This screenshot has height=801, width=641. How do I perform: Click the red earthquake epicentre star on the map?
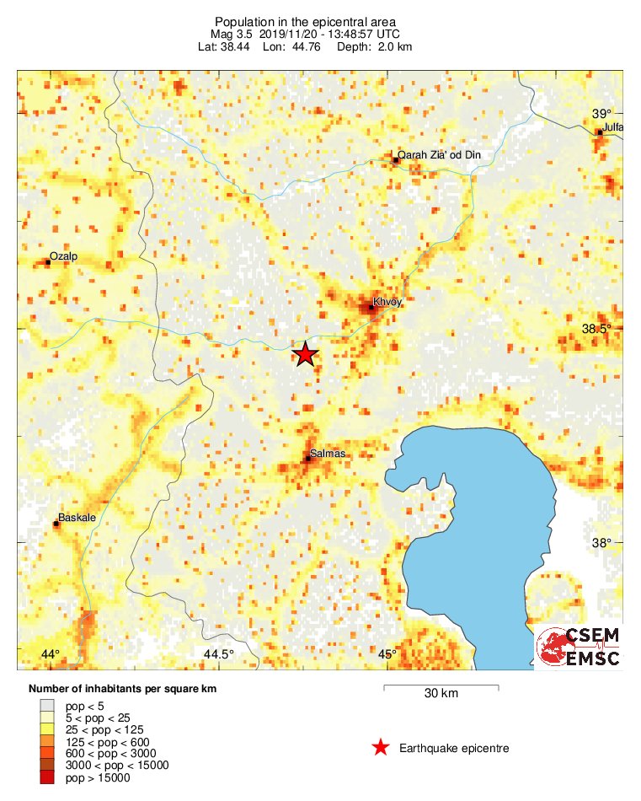[305, 355]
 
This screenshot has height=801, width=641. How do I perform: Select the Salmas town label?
[327, 454]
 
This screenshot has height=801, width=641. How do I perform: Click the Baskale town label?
[73, 518]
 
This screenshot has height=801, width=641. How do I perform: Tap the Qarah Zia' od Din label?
[439, 154]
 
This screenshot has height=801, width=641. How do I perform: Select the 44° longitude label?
[50, 654]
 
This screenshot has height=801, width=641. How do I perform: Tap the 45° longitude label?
[387, 654]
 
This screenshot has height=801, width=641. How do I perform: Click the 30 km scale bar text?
[441, 694]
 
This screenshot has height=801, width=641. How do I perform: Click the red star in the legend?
[381, 747]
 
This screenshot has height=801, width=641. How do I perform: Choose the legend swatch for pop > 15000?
[48, 777]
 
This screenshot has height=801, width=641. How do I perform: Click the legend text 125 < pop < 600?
[105, 741]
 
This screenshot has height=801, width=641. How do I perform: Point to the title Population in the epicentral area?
[306, 21]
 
